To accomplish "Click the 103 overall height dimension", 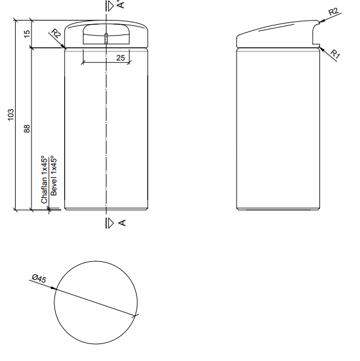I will pyautogui.click(x=10, y=115).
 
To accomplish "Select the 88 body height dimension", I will pyautogui.click(x=27, y=129).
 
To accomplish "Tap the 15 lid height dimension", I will pyautogui.click(x=27, y=34).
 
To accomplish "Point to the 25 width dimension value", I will pyautogui.click(x=120, y=57).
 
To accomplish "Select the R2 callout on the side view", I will pyautogui.click(x=333, y=11).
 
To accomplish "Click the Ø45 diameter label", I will pyautogui.click(x=38, y=279).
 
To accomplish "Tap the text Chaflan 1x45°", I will pyautogui.click(x=44, y=179).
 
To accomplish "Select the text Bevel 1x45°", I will pyautogui.click(x=53, y=175).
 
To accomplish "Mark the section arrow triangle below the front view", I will pyautogui.click(x=110, y=223).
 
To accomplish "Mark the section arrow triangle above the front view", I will pyautogui.click(x=110, y=5).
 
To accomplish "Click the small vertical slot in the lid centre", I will pyautogui.click(x=106, y=39).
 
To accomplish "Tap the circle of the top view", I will pyautogui.click(x=95, y=302).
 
